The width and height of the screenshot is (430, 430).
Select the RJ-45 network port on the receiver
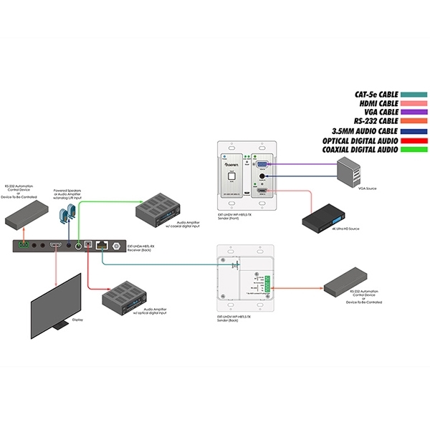(103, 244)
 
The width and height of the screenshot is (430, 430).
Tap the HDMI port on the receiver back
(56, 245)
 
